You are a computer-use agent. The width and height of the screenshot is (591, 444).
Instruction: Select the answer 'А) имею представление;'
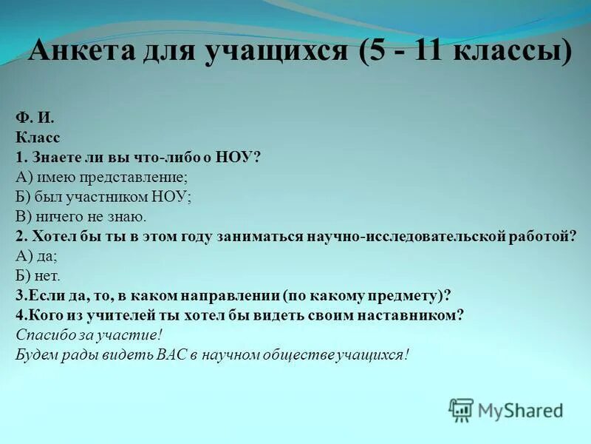click(x=101, y=177)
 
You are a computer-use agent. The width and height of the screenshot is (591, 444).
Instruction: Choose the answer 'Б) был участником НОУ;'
click(x=103, y=197)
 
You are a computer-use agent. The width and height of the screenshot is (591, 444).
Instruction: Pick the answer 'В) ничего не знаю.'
click(x=81, y=217)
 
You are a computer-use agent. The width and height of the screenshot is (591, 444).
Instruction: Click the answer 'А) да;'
click(x=36, y=256)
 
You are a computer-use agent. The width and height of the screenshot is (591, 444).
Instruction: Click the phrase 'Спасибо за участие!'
click(x=89, y=334)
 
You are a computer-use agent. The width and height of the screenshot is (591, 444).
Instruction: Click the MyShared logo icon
click(x=461, y=410)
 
